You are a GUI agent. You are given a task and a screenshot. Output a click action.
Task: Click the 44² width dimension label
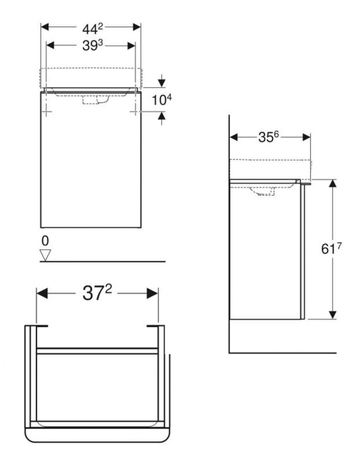click(x=92, y=29)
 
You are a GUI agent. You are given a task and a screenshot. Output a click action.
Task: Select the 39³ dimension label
click(x=92, y=45)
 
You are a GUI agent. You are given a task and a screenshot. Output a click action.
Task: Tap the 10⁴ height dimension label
click(x=162, y=100)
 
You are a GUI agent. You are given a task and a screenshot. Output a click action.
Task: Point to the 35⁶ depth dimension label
click(x=268, y=137)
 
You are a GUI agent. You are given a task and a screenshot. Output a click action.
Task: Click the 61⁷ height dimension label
click(x=331, y=249)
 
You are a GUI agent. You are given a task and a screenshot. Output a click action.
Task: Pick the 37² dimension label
click(x=97, y=293)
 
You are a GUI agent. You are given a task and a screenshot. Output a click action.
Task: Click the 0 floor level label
click(x=45, y=241)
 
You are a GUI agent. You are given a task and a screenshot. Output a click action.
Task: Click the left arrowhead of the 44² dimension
click(x=45, y=27)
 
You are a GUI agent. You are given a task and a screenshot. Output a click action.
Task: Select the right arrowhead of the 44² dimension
click(x=137, y=27)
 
